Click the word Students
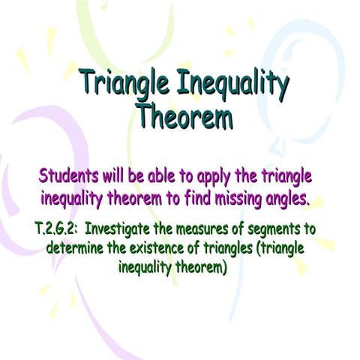(x=67, y=177)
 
